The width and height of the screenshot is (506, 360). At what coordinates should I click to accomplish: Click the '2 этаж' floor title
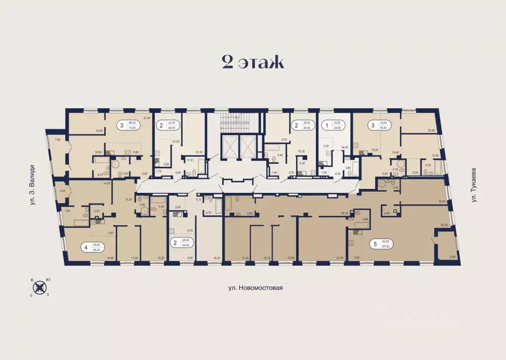252,63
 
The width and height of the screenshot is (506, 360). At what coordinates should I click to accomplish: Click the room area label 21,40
146,118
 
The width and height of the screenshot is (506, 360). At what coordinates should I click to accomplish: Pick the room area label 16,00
216,258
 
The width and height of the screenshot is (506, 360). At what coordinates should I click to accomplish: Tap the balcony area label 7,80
57,140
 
